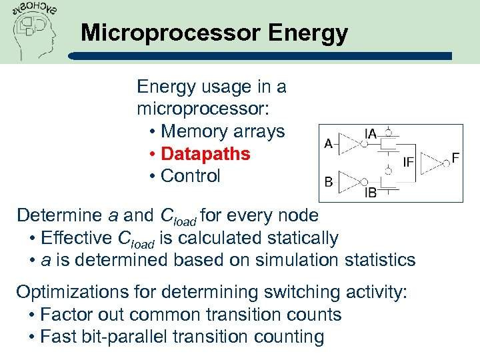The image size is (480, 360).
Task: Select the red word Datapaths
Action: (x=205, y=154)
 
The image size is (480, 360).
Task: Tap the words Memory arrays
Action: (x=223, y=131)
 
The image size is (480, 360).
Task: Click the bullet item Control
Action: (x=191, y=176)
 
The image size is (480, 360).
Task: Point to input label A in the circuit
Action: (x=328, y=143)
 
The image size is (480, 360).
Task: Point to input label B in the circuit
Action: (x=328, y=181)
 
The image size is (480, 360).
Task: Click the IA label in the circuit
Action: (x=370, y=133)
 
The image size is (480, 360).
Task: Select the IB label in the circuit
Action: (x=371, y=194)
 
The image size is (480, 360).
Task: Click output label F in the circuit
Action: (x=456, y=157)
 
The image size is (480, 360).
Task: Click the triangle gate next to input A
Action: (x=348, y=142)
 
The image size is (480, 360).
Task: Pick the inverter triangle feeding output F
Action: (x=435, y=161)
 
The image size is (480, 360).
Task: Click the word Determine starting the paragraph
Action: (x=59, y=215)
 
